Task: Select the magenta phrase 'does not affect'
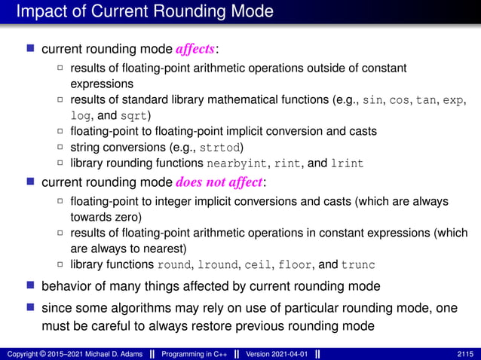pyautogui.click(x=218, y=182)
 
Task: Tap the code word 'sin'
pyautogui.click(x=372, y=99)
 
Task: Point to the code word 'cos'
pyautogui.click(x=400, y=99)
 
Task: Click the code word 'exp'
pyautogui.click(x=455, y=99)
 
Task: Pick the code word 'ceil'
pyautogui.click(x=257, y=264)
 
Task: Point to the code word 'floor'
pyautogui.click(x=294, y=264)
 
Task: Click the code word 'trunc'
pyautogui.click(x=357, y=264)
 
